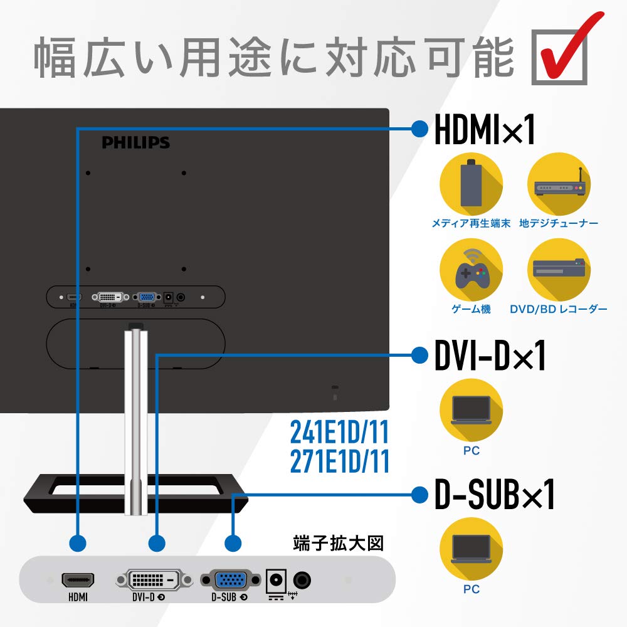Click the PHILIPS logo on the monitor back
click(136, 143)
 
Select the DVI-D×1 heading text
click(490, 356)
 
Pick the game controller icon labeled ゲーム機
click(471, 271)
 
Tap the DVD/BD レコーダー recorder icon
click(559, 271)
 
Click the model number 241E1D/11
click(340, 433)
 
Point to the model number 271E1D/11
click(340, 461)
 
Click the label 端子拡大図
click(338, 543)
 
